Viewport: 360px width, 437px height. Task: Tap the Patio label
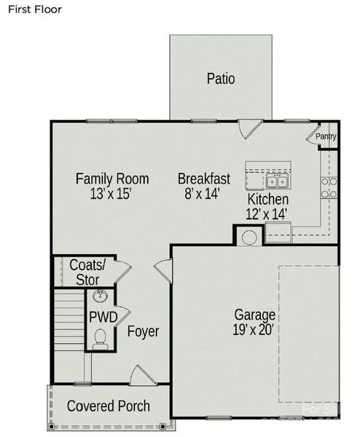click(x=220, y=79)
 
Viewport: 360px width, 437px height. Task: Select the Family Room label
click(x=112, y=178)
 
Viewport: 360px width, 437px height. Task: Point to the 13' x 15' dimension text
click(x=111, y=194)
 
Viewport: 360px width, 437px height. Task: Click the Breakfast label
click(x=204, y=178)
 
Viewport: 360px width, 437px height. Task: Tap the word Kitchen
click(x=268, y=200)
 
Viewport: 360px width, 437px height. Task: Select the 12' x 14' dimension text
click(x=267, y=213)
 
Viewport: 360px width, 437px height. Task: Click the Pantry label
click(x=326, y=136)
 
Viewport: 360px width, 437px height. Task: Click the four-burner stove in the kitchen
click(x=329, y=188)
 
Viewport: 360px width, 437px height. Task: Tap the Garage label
click(x=254, y=315)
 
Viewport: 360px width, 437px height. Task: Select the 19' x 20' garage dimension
click(x=254, y=330)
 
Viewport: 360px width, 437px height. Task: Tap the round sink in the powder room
click(x=100, y=296)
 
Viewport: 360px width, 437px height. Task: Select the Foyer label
click(x=143, y=332)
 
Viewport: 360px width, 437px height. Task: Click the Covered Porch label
click(x=109, y=406)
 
